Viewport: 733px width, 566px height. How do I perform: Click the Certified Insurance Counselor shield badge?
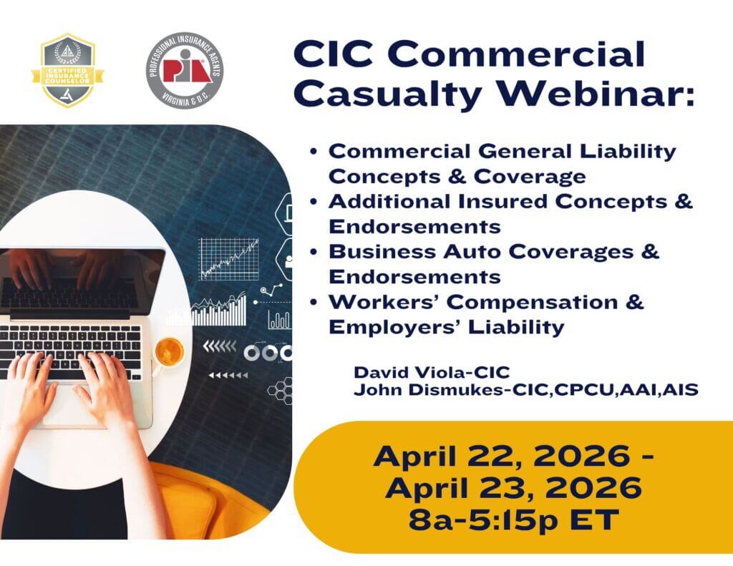pos(68,70)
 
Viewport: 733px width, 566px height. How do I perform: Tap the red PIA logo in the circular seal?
pos(185,69)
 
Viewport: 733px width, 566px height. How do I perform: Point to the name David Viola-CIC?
pos(432,373)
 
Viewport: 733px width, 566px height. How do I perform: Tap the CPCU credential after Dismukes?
pos(583,390)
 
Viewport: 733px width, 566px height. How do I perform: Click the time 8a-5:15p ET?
pos(514,519)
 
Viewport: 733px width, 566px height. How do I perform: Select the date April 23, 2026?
pos(513,487)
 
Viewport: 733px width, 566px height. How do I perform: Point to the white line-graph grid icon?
pos(229,259)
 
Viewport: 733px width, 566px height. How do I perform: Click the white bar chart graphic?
pos(218,311)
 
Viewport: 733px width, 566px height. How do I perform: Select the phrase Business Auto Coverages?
pos(481,251)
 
